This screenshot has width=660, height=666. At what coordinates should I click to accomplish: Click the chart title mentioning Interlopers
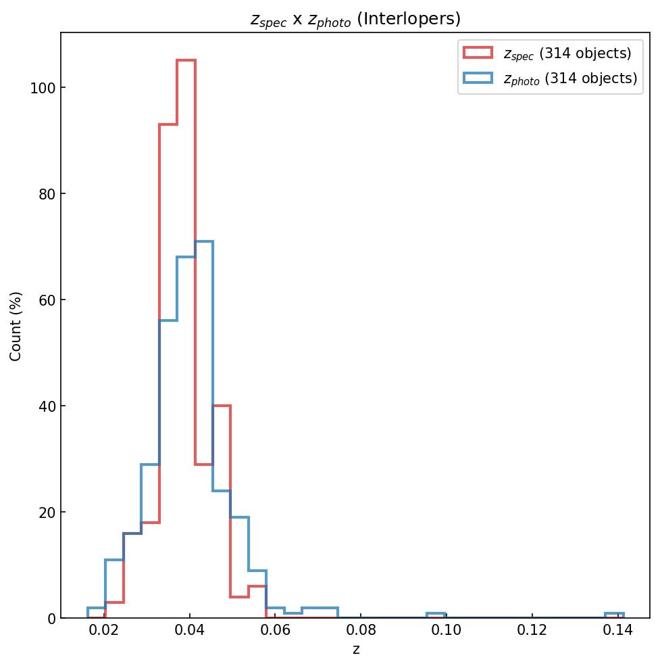coord(355,19)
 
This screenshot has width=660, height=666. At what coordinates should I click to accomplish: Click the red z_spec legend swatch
coord(478,53)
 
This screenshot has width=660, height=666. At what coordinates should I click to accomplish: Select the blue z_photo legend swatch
coord(478,78)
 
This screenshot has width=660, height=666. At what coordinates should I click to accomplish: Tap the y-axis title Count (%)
coord(16,326)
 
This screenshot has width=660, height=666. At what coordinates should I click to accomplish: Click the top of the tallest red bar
coord(186,61)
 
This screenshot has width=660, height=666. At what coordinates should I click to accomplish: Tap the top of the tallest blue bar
coord(204,241)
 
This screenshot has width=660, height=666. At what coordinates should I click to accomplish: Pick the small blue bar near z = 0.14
coord(614,614)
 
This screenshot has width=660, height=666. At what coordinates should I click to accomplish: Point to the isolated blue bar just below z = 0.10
coord(436,614)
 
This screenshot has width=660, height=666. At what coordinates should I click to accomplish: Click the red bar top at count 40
coord(222,406)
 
